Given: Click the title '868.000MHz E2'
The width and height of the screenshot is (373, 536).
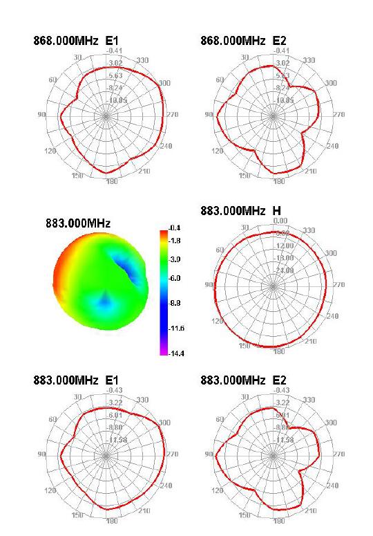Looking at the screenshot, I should [243, 41].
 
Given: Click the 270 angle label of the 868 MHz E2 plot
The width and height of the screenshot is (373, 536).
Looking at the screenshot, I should [339, 115].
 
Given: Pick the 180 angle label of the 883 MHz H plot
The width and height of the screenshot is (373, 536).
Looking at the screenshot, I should [278, 352].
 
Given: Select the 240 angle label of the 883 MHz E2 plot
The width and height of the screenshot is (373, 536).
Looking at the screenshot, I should [332, 486].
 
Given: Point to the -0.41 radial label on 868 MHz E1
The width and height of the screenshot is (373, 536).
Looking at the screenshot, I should [115, 51].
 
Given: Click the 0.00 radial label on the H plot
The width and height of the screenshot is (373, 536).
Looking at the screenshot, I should [281, 221].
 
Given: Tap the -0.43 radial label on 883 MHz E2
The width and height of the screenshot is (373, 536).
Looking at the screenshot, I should [281, 390].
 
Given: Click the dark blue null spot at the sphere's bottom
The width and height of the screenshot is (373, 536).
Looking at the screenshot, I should [104, 302].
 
